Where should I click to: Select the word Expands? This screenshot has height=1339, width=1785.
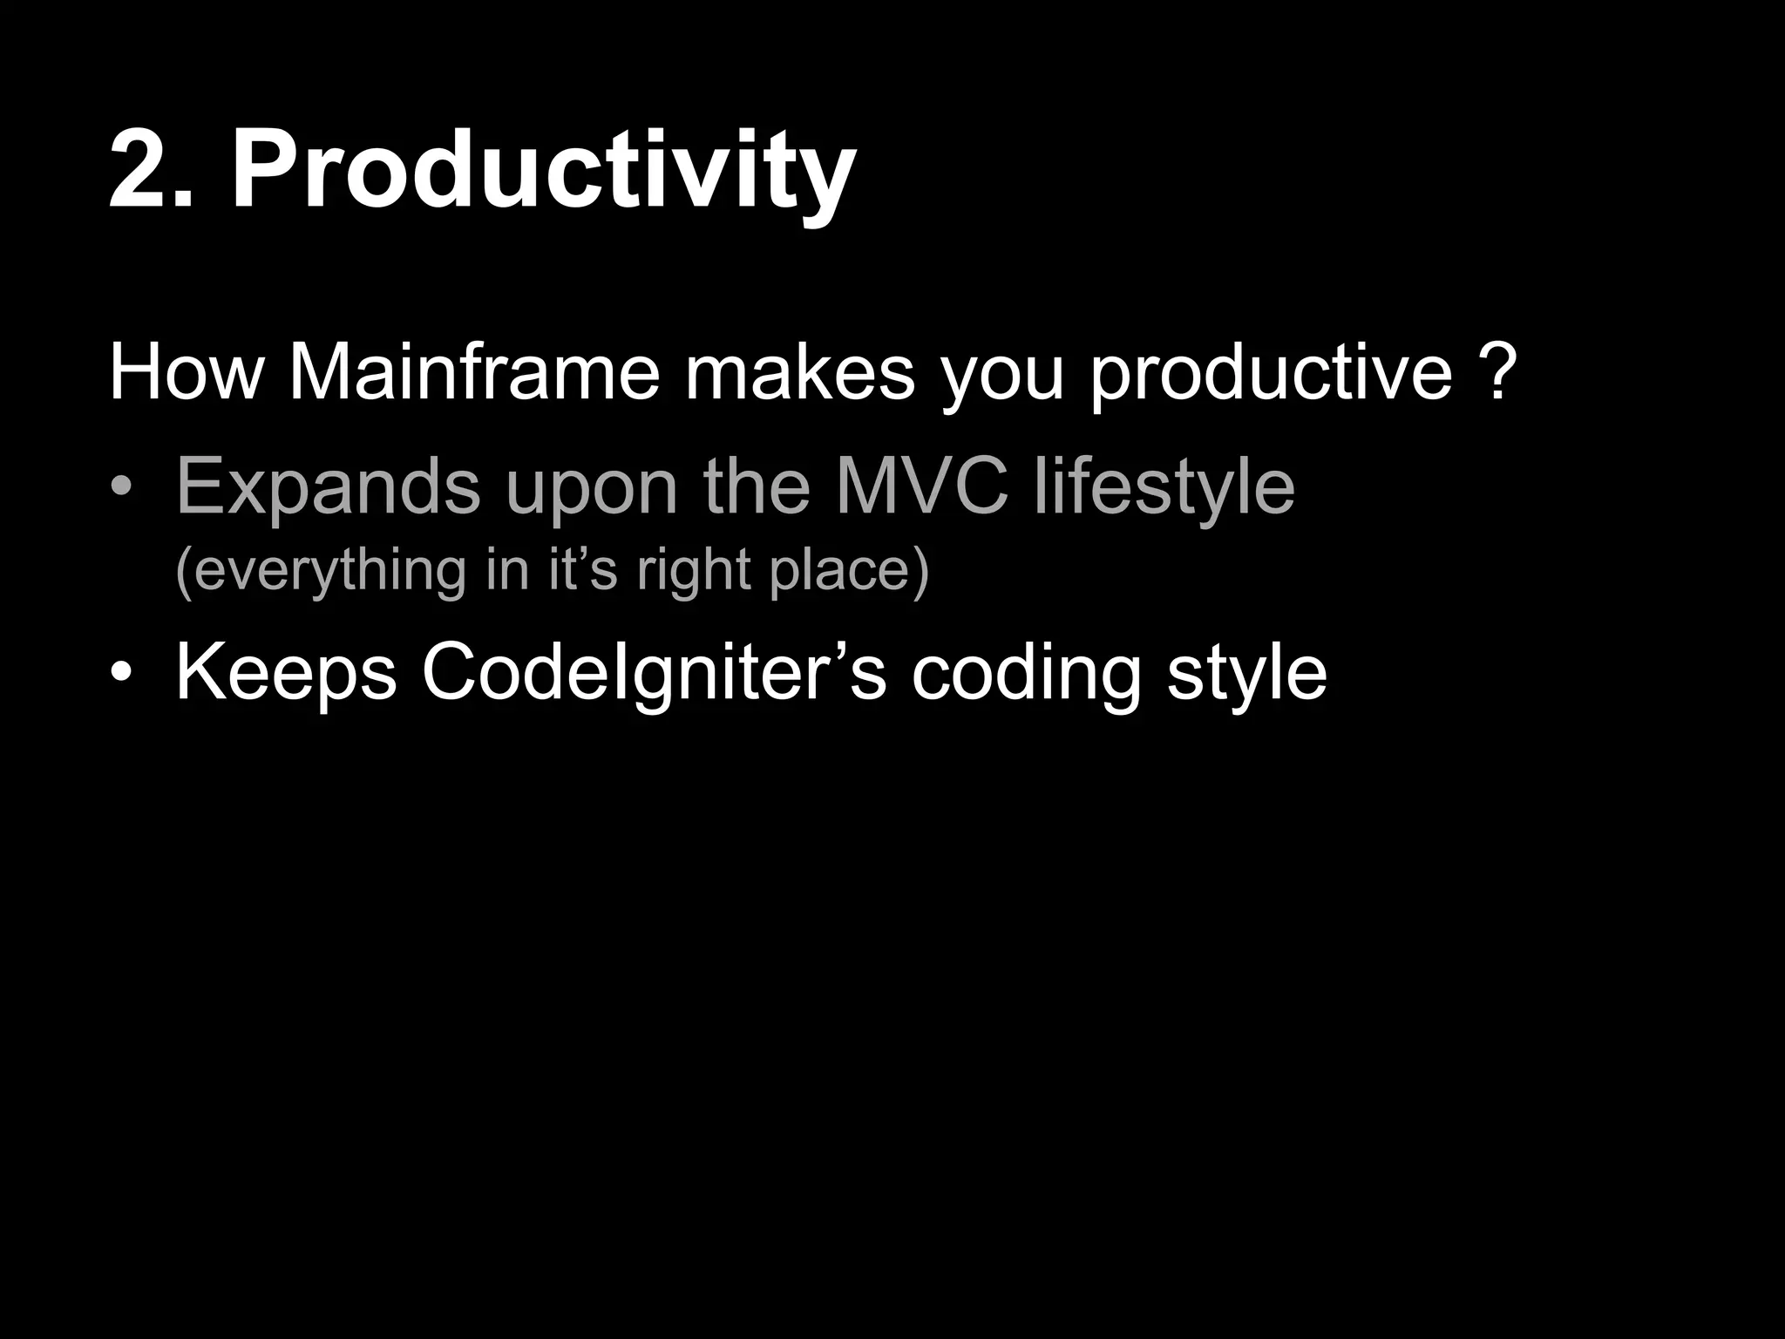tap(328, 489)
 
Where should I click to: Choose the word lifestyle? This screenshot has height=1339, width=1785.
tap(1164, 489)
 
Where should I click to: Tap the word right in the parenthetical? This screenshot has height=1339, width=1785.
tap(693, 572)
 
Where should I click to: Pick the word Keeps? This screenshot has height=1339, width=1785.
tap(286, 674)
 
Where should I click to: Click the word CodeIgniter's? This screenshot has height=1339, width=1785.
tap(654, 674)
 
